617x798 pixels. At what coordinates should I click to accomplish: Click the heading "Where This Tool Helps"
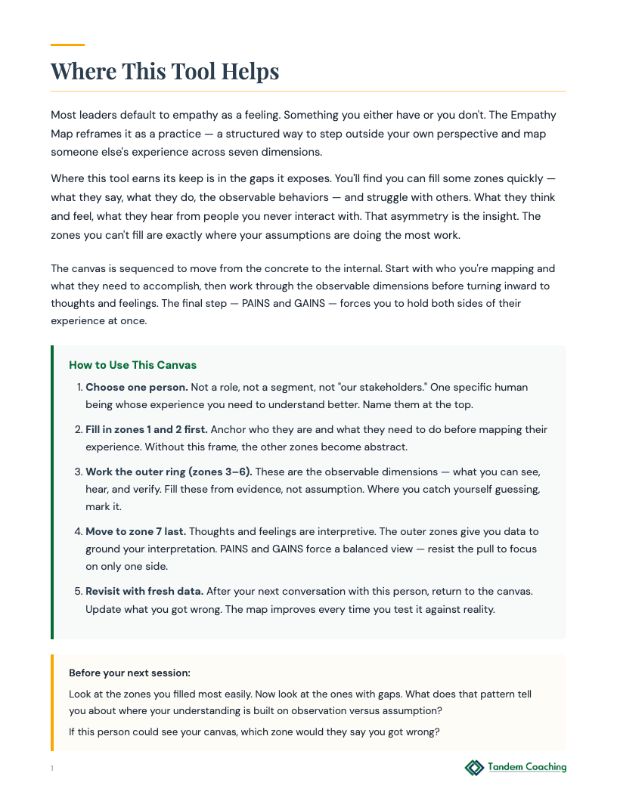(165, 72)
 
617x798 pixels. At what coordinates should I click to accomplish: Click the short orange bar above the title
(67, 45)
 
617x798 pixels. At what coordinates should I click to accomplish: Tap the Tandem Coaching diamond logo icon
(474, 768)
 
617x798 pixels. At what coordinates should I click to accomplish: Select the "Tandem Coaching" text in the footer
(527, 767)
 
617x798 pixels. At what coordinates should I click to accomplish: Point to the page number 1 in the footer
(52, 769)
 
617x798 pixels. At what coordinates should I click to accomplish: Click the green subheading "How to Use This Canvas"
(132, 365)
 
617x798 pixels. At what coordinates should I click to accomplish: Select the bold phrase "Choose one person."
(137, 387)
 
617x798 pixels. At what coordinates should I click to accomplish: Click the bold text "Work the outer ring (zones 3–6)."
(168, 472)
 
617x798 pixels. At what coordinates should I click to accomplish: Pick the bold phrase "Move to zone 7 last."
(136, 531)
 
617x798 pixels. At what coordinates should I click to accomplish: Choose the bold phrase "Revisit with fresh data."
(144, 590)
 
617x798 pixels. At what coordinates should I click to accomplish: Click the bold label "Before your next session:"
(129, 673)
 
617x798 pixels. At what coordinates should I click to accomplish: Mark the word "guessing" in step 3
(513, 489)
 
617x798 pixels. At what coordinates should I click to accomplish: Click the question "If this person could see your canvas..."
(254, 731)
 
